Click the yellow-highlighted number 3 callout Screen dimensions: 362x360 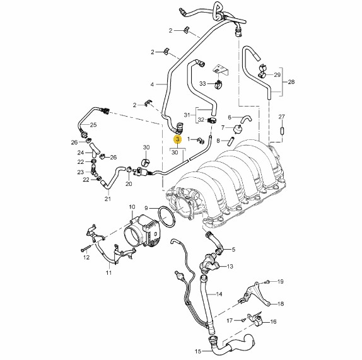tap(178, 139)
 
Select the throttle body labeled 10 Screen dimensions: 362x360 tap(143, 231)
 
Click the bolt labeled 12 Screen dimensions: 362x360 tap(85, 248)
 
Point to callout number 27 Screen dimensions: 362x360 tap(282, 117)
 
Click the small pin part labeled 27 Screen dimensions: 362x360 tap(282, 131)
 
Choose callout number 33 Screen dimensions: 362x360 tap(202, 83)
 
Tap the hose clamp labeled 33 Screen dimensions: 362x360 tap(218, 84)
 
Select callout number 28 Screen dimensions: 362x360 tap(291, 82)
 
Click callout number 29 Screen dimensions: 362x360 tap(277, 74)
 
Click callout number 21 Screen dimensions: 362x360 tap(108, 199)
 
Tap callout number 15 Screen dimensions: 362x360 tap(198, 351)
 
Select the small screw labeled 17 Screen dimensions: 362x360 tap(243, 320)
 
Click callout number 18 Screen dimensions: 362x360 tap(280, 304)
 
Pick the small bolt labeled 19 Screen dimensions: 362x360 tap(267, 281)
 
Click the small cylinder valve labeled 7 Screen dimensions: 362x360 tap(238, 129)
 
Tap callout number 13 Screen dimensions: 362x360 tap(230, 266)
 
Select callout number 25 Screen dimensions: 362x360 tap(93, 125)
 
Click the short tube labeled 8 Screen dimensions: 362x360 tap(231, 141)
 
